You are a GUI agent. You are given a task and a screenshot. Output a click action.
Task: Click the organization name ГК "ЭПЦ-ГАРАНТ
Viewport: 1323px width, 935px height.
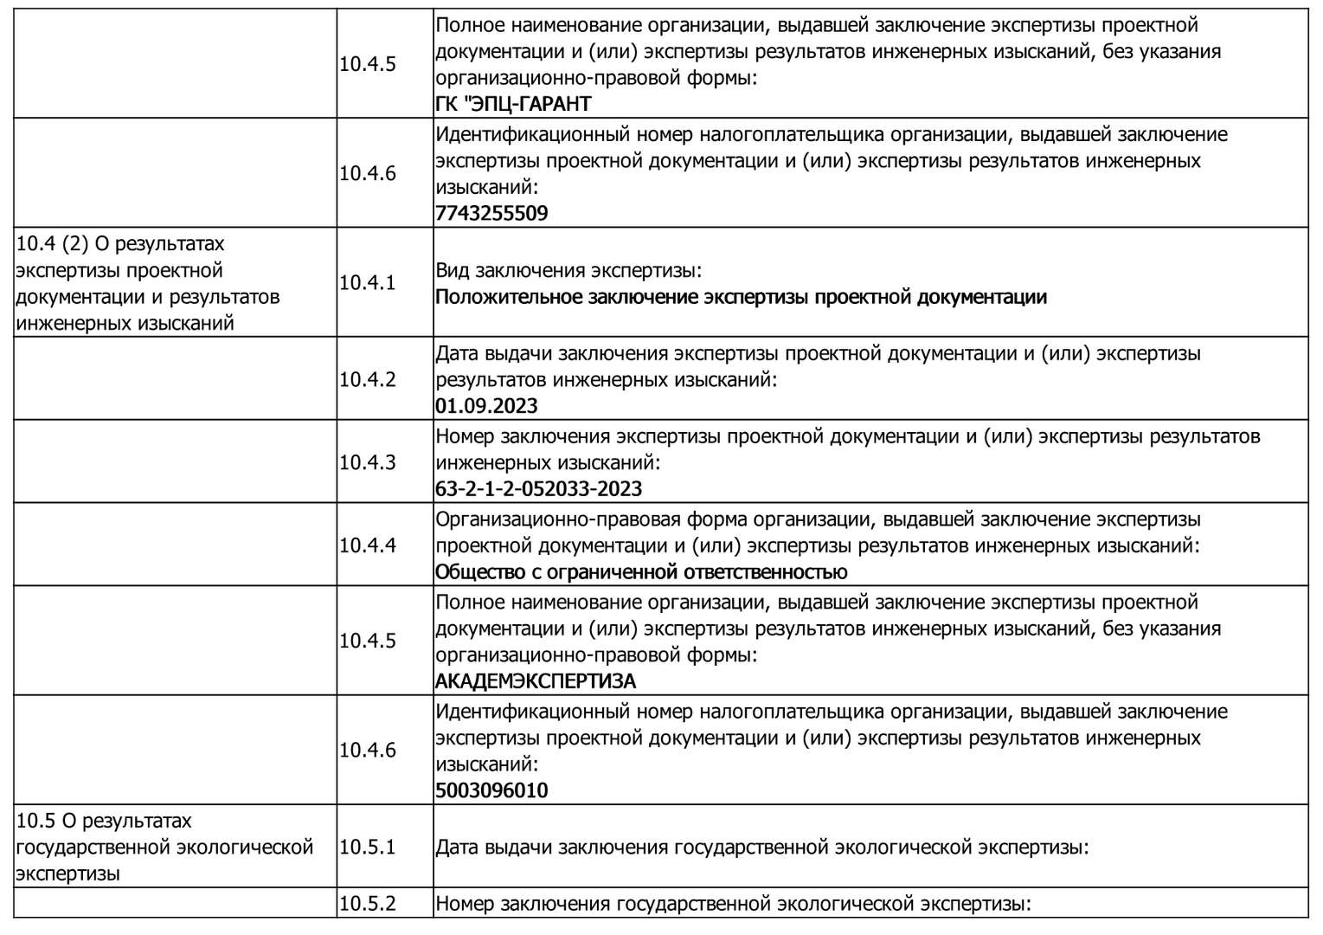513,104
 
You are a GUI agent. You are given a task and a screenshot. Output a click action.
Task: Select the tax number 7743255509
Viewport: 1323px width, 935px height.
491,213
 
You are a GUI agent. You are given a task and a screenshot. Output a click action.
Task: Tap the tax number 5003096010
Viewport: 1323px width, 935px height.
491,790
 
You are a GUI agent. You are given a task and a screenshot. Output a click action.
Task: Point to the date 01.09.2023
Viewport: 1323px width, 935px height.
486,406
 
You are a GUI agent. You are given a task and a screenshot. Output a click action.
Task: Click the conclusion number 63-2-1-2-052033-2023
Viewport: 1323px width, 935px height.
538,489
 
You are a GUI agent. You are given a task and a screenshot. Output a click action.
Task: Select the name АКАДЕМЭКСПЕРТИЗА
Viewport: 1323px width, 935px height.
535,681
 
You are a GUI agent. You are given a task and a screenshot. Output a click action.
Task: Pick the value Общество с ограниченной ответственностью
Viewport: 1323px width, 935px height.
641,572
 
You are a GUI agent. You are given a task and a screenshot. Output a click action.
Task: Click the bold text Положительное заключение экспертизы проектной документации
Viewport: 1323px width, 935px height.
741,298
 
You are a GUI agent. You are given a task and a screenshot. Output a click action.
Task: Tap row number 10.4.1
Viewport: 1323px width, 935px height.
367,283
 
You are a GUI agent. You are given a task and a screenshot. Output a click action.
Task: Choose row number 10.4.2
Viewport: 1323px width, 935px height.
367,379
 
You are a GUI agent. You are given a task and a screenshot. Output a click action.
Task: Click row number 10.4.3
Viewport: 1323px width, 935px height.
367,462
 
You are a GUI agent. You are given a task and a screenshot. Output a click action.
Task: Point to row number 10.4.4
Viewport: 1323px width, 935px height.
367,545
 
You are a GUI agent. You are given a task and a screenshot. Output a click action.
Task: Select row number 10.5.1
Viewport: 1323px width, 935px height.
367,847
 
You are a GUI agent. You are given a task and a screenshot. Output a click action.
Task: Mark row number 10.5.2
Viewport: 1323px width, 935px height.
367,904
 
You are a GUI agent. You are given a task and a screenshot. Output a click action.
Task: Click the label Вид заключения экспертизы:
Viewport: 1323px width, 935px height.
568,271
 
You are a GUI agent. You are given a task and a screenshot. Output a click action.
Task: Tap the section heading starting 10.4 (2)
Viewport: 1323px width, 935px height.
148,284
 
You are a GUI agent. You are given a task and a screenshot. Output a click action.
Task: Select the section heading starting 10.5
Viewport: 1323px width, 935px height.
164,847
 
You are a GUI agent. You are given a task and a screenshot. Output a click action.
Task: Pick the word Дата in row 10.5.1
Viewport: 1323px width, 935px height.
457,847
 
